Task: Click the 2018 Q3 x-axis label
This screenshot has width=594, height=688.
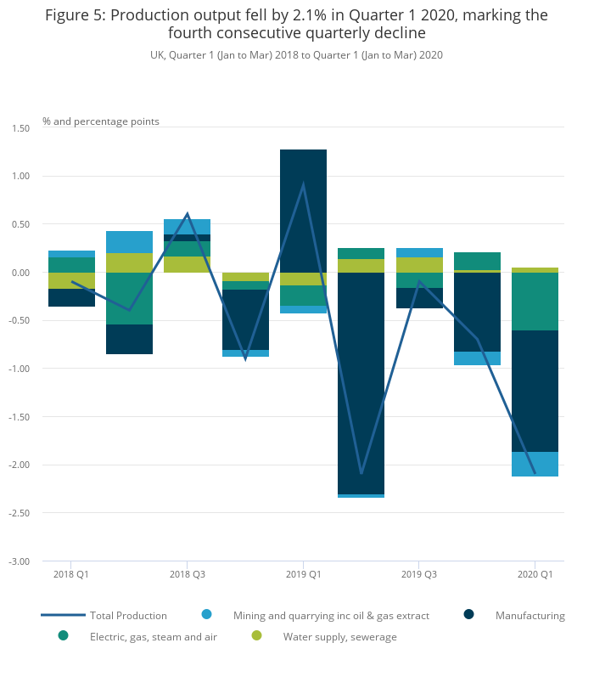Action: (x=187, y=574)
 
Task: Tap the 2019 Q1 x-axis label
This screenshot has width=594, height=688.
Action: (x=303, y=574)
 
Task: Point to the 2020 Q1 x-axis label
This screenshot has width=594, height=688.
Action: (x=535, y=574)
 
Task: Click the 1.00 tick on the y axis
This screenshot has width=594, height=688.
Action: (x=20, y=177)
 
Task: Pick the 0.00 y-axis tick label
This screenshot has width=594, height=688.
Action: (x=20, y=273)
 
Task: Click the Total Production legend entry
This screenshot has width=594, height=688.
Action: (x=128, y=616)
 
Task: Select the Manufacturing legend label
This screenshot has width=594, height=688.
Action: (x=530, y=616)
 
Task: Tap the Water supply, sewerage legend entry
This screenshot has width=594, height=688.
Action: (x=339, y=637)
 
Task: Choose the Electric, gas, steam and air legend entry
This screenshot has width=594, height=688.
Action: (x=153, y=637)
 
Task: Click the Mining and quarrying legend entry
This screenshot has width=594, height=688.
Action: (x=331, y=616)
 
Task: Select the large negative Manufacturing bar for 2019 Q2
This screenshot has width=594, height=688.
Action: (x=361, y=382)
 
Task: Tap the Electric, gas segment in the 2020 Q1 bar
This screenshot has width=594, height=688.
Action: (x=535, y=302)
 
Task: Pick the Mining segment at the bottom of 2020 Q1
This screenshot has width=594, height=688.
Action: (x=535, y=464)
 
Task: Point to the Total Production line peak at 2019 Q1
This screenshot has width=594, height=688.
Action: (x=303, y=185)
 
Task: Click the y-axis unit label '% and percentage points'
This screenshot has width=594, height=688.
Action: (x=101, y=121)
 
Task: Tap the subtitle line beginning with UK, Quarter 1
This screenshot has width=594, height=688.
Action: (x=296, y=55)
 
